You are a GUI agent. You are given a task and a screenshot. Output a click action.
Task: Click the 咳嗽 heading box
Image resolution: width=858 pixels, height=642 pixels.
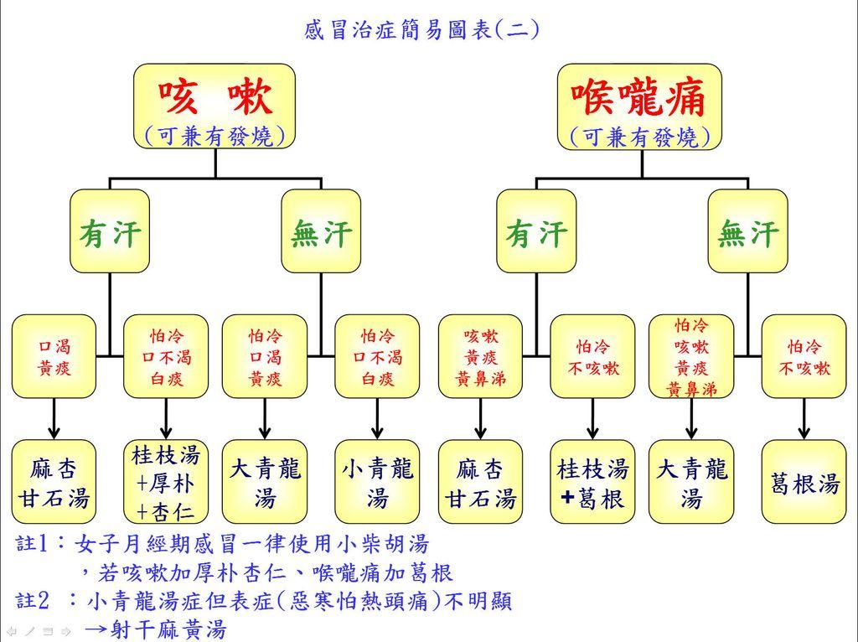pos(215,106)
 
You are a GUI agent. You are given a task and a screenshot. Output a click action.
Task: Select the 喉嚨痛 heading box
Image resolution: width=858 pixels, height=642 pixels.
pos(641,106)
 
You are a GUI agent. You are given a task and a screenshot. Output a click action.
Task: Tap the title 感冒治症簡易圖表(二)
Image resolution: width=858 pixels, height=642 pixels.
pos(421,31)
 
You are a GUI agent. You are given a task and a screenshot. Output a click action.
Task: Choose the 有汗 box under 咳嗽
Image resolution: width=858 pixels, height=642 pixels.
pos(110,231)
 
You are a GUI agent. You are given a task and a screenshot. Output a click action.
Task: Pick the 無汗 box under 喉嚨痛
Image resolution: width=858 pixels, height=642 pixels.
pos(747,231)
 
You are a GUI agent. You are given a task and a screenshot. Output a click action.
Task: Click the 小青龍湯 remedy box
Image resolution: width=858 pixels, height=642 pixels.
pos(377,483)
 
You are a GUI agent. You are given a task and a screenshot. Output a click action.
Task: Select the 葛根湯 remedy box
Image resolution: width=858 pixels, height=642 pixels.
pos(804,483)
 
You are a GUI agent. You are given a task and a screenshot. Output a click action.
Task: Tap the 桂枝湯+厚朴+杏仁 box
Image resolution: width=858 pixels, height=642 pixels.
pos(166,483)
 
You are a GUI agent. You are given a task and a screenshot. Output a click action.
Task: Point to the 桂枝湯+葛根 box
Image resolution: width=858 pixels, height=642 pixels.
pos(592,483)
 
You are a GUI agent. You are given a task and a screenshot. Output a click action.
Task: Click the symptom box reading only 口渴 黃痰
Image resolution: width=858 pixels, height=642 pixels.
pos(54,356)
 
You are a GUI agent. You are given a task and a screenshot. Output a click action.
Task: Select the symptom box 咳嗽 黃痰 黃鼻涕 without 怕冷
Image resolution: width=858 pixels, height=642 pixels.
pos(480,356)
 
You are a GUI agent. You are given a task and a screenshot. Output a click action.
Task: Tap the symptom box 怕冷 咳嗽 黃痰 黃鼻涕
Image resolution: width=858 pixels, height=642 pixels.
pos(691,356)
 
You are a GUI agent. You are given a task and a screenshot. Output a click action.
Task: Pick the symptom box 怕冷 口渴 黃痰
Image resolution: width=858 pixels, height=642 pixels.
pos(265,356)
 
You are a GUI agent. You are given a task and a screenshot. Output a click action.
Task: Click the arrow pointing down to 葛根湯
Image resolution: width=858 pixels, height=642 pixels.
pos(804,418)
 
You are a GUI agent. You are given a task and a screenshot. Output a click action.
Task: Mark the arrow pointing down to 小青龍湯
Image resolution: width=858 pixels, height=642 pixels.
pos(377,418)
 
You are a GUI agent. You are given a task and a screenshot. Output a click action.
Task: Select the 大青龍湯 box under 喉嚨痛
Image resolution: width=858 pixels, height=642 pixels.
pos(691,483)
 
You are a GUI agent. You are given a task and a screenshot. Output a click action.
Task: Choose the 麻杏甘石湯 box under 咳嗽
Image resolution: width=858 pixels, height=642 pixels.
pos(54,483)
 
